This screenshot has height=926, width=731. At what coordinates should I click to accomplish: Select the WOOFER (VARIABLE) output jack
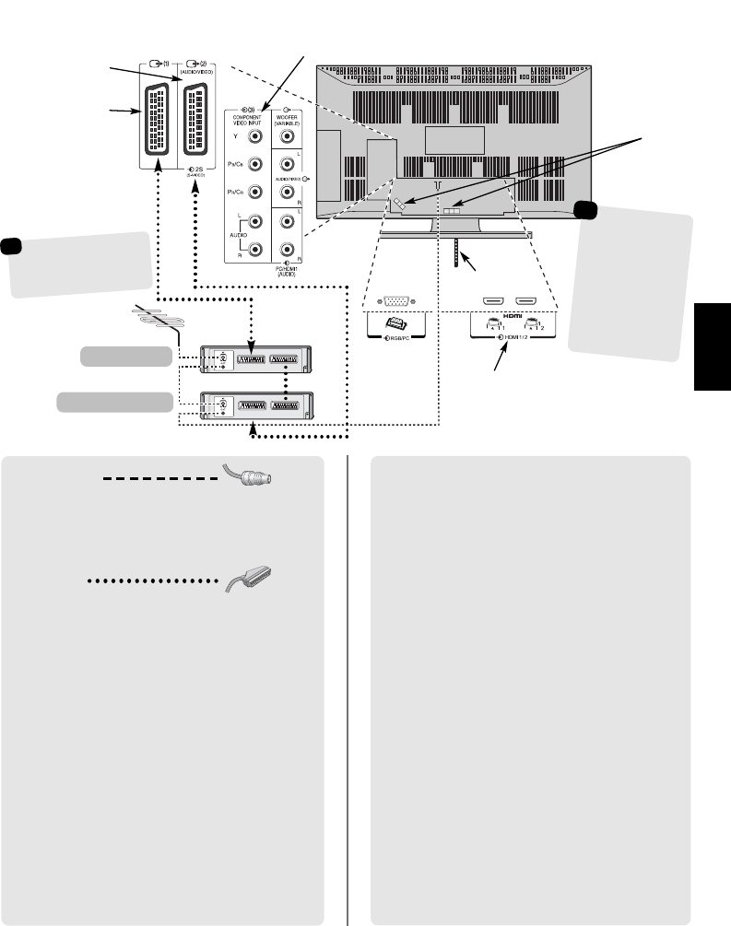(x=286, y=135)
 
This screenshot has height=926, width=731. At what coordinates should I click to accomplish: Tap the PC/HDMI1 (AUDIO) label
(x=286, y=271)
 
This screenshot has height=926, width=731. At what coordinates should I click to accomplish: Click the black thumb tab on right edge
(x=713, y=346)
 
